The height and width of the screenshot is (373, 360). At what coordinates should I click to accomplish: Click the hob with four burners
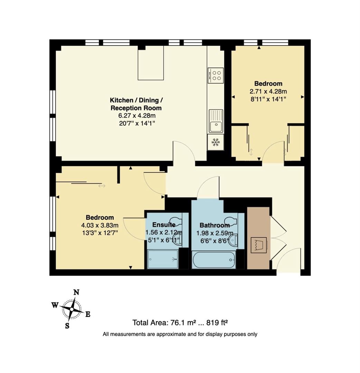(216, 75)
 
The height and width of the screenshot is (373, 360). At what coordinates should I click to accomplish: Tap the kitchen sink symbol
(216, 121)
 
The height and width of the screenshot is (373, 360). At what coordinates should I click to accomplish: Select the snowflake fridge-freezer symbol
(216, 142)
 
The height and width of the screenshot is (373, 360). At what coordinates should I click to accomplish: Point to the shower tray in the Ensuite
(163, 259)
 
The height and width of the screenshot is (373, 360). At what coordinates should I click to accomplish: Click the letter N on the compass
(76, 293)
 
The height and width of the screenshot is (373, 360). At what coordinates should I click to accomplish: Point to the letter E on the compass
(88, 314)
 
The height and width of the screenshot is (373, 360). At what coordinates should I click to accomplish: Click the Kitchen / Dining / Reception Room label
(136, 104)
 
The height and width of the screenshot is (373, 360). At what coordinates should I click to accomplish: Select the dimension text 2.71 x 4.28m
(268, 92)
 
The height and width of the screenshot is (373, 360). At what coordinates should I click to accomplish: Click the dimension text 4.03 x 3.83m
(100, 225)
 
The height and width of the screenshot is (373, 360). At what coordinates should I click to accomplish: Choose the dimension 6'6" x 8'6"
(213, 233)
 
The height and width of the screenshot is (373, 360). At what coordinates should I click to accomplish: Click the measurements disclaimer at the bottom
(180, 334)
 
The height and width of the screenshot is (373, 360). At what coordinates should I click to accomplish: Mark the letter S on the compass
(67, 325)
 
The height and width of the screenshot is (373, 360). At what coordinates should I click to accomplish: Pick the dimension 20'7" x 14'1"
(136, 123)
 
